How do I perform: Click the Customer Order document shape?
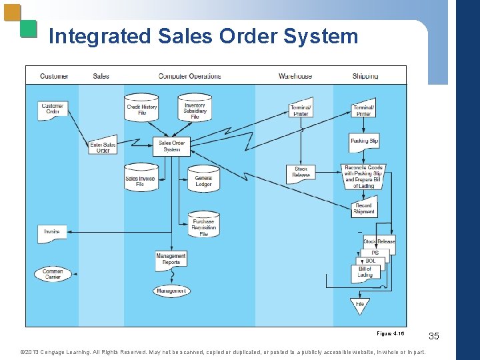click(x=53, y=109)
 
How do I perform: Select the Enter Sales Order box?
click(x=103, y=147)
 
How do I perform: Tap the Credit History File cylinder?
click(x=141, y=109)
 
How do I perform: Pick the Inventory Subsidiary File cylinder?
click(x=195, y=109)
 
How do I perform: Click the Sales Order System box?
click(x=171, y=146)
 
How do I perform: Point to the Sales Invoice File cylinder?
click(x=141, y=180)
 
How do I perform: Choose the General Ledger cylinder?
click(x=203, y=180)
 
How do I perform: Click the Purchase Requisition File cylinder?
click(x=203, y=226)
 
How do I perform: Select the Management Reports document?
click(x=171, y=259)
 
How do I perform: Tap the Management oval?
click(x=171, y=291)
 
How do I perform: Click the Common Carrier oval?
click(x=53, y=274)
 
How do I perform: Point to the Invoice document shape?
click(x=52, y=233)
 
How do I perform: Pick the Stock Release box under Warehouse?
click(x=301, y=173)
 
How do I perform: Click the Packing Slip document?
click(x=364, y=141)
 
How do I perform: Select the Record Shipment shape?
click(x=364, y=209)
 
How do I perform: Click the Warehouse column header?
click(x=295, y=76)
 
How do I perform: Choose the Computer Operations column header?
click(x=189, y=76)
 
